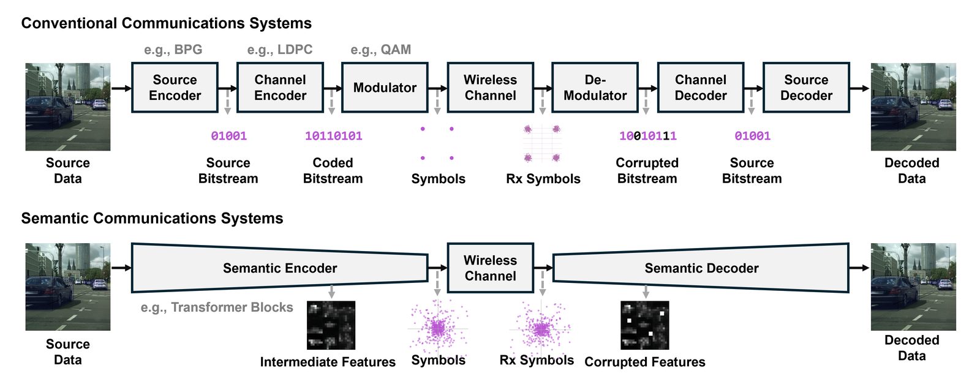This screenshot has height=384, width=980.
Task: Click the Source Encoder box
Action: point(175,88)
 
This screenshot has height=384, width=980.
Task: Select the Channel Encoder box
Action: point(280,88)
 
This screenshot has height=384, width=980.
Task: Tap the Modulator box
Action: point(385,88)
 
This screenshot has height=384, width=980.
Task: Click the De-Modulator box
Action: point(595,88)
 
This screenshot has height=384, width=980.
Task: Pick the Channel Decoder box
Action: point(700,88)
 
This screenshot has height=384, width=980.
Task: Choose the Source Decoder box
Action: point(806,88)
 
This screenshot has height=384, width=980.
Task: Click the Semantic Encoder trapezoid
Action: point(279,268)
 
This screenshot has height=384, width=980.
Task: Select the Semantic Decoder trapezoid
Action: point(701,268)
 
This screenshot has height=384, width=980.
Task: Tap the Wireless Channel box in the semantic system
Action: point(490,268)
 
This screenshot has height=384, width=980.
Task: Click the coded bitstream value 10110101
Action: point(333,136)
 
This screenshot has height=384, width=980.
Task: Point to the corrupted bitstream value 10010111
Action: point(647,136)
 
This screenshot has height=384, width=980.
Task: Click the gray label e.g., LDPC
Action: point(279,50)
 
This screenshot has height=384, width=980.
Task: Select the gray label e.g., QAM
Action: point(380,50)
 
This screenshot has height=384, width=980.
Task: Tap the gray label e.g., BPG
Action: point(173,50)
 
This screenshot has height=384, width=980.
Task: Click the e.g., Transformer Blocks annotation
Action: point(217,307)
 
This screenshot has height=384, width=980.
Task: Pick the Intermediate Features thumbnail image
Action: point(331,325)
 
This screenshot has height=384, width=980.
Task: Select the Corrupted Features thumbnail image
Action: point(644,325)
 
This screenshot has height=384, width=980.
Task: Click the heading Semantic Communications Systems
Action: point(152,219)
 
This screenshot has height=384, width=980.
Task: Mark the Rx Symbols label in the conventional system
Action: point(543,179)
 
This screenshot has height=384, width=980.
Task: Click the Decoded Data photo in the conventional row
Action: point(913,107)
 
